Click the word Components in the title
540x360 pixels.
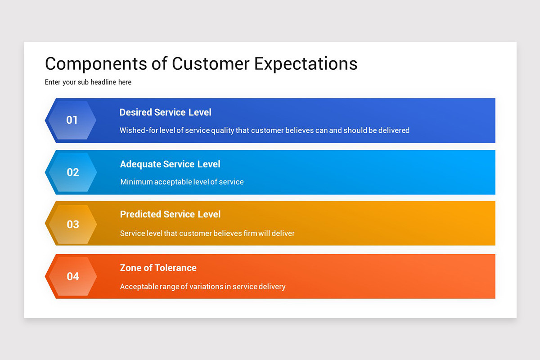point(96,64)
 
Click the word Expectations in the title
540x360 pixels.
point(306,64)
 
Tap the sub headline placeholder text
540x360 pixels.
point(88,82)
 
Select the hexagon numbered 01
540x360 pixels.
point(72,120)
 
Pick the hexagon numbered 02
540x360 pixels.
point(72,172)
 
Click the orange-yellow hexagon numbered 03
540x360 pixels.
point(72,224)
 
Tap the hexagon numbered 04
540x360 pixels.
point(72,276)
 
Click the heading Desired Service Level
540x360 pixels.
point(165,112)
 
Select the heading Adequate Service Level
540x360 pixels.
point(170,164)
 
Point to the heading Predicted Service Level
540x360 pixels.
point(170,214)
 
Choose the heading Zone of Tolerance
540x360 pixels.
point(158,268)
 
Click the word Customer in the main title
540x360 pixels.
point(211,64)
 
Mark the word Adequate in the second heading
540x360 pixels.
point(140,164)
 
